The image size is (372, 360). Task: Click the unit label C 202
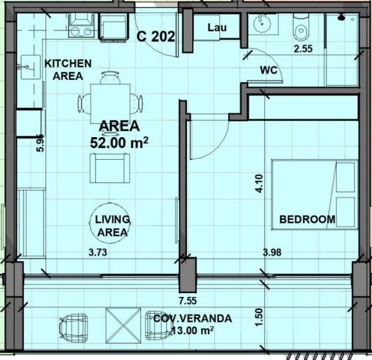coord(156,36)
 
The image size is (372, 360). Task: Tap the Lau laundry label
coord(217,27)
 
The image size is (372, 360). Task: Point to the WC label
coord(269,70)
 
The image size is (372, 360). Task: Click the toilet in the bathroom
coord(301,27)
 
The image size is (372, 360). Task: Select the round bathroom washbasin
coord(262,24)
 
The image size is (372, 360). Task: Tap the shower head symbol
coord(341,18)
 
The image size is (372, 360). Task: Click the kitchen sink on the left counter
coord(31,67)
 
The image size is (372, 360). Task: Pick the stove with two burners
coord(81,25)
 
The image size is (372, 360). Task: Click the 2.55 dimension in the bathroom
coord(303,49)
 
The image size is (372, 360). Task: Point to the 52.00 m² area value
coord(119,143)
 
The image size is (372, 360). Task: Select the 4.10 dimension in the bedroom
coord(259,183)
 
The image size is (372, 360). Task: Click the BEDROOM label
coord(307,219)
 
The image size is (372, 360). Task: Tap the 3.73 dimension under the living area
coord(98,252)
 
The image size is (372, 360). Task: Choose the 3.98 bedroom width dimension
coord(272,252)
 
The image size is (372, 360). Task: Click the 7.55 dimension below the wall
coord(188,301)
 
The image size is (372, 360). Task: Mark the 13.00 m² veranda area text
coord(192,330)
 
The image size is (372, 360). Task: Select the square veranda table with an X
coord(123,326)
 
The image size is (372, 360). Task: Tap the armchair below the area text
coord(110,168)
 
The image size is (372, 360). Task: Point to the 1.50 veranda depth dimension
coord(260,317)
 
